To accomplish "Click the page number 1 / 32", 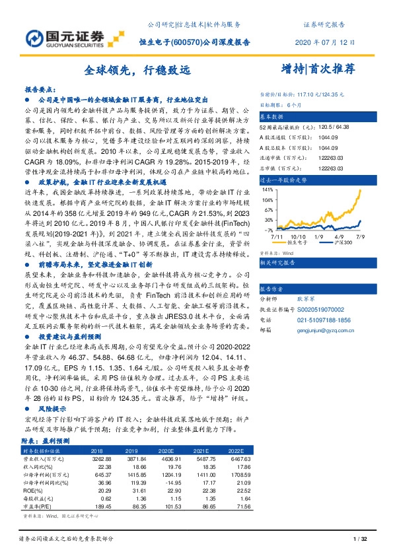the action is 360,541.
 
